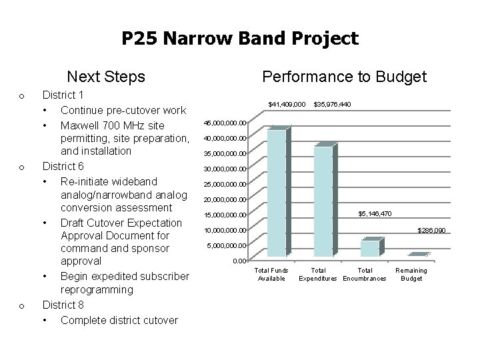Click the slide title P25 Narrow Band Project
(x=240, y=39)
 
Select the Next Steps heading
(x=106, y=77)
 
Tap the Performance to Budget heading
(x=344, y=77)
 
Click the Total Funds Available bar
(x=276, y=193)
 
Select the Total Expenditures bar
(x=323, y=201)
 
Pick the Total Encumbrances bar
(x=369, y=248)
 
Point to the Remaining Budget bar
(x=417, y=255)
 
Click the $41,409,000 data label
(x=287, y=105)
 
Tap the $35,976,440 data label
(x=332, y=105)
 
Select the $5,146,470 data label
(x=375, y=213)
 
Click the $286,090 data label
(x=431, y=231)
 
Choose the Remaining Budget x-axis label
(x=411, y=274)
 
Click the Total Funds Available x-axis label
(x=271, y=274)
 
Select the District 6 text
(x=63, y=166)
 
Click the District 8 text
(x=63, y=305)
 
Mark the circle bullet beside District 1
(x=22, y=97)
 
